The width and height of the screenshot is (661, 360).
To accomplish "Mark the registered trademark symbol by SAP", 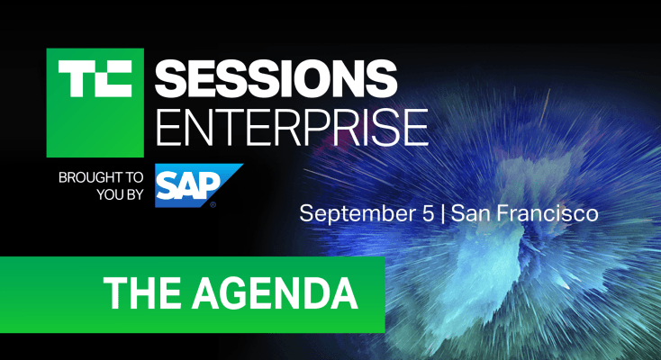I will [213, 204].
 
